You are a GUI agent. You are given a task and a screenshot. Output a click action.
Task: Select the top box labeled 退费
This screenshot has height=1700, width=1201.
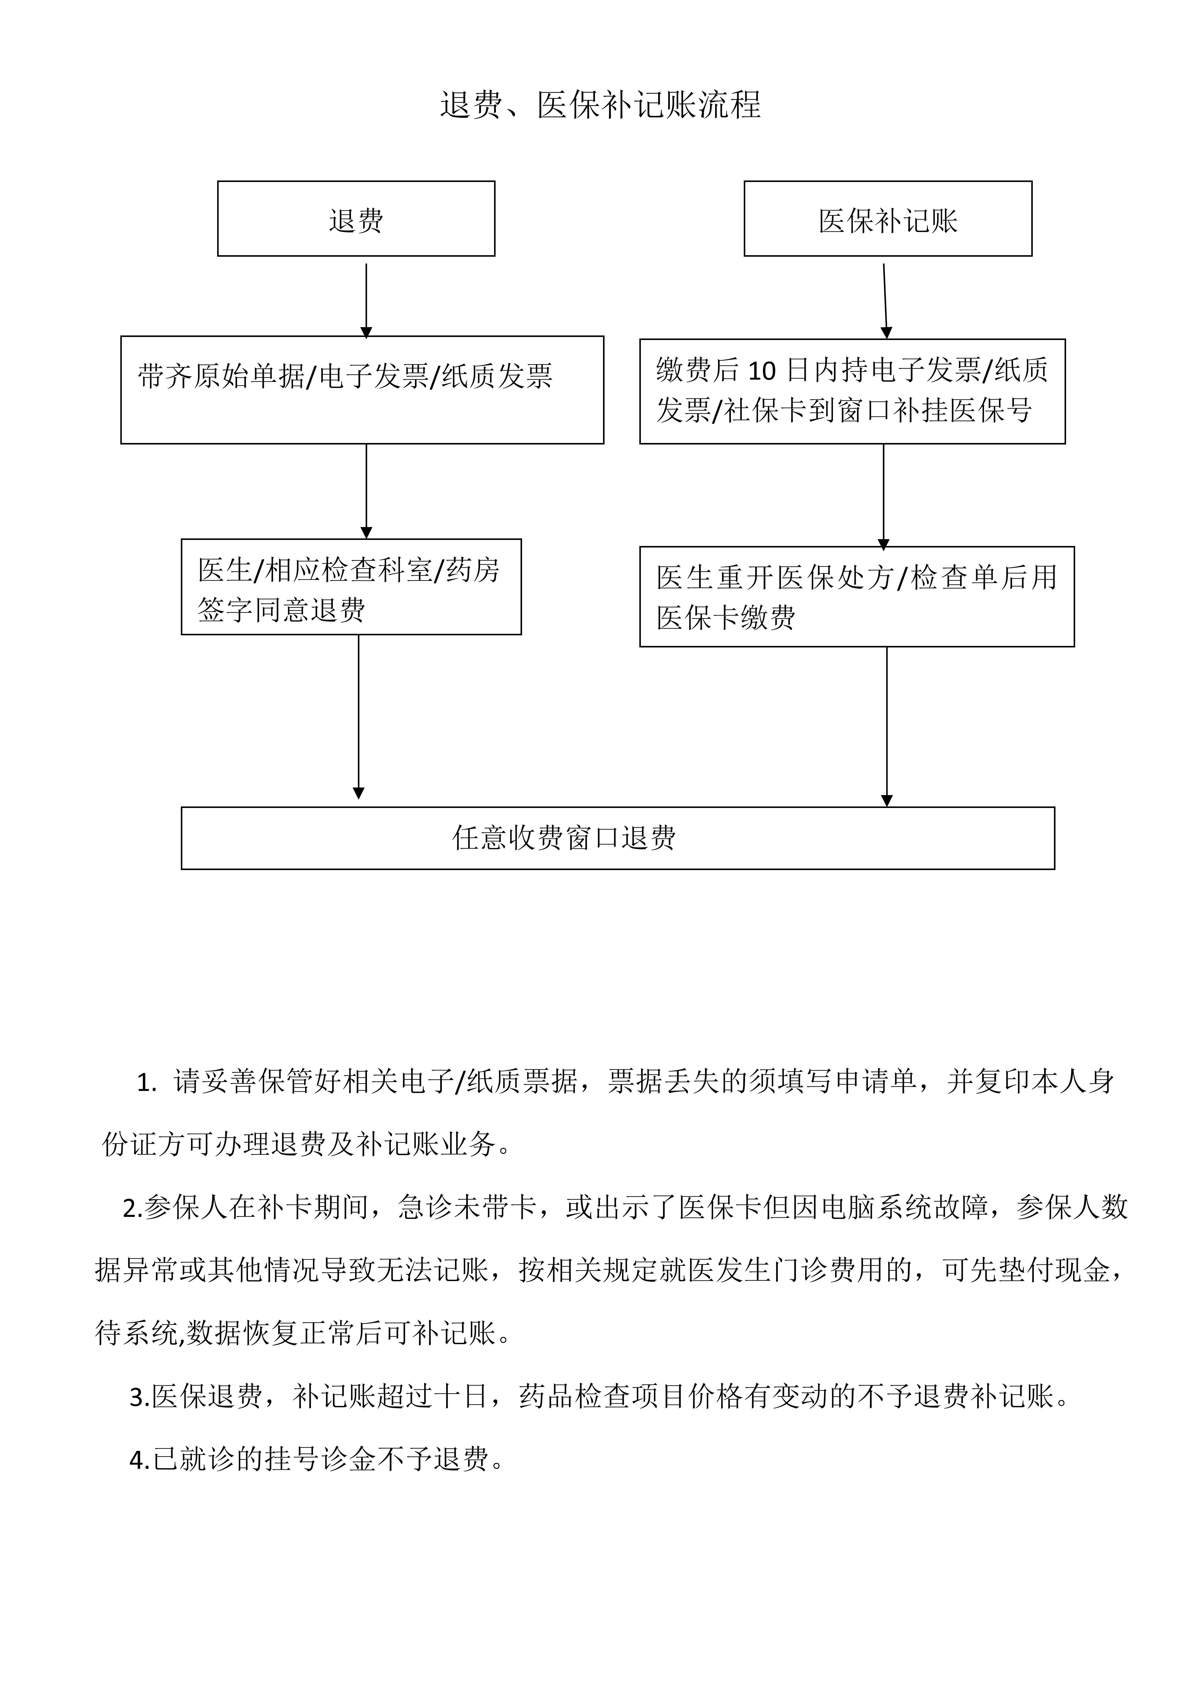356,219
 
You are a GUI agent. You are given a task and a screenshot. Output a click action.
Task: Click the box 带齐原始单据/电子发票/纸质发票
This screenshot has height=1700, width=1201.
362,389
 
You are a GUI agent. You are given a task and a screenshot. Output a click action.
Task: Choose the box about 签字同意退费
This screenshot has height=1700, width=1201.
351,586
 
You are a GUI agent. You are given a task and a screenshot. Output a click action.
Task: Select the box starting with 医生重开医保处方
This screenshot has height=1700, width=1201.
856,596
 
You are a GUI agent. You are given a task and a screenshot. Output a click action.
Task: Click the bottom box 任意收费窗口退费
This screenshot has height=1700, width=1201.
617,838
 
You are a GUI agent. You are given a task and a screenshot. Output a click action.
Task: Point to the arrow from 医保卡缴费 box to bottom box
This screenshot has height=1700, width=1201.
887,726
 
